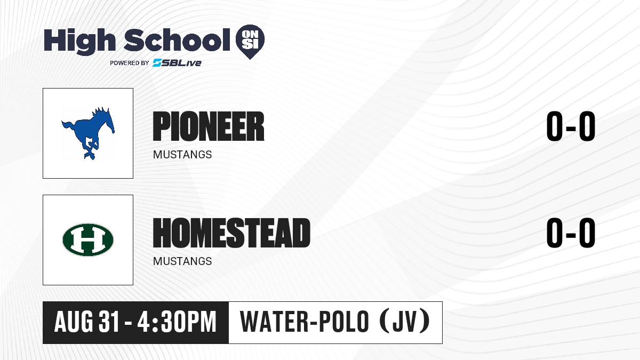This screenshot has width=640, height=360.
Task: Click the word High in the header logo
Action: pos(79,41)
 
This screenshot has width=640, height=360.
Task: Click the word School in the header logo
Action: pos(177,40)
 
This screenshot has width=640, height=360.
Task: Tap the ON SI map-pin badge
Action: pos(250,42)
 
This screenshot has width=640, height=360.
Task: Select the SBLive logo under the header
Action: pos(177,62)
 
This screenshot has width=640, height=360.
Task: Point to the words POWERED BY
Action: pos(130,63)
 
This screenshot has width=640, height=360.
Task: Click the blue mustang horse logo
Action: pos(88,133)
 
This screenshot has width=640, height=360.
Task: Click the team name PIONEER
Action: pos(209,126)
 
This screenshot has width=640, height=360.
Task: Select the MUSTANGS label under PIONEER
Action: pos(182,155)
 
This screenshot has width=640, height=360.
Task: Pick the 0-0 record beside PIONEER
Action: pos(571,126)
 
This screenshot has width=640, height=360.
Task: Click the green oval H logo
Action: pos(88,239)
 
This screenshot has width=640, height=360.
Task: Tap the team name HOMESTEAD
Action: pos(231,233)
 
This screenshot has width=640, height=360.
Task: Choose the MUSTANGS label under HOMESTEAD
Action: pos(182,261)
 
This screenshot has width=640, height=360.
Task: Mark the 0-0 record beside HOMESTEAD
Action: pos(571,233)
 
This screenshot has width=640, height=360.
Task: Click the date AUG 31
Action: pos(86,322)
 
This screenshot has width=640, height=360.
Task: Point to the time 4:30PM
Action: pos(177,322)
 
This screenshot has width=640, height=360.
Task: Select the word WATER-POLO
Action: pos(305,322)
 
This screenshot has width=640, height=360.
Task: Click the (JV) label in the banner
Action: pos(405,322)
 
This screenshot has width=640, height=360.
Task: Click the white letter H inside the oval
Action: pos(88,239)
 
